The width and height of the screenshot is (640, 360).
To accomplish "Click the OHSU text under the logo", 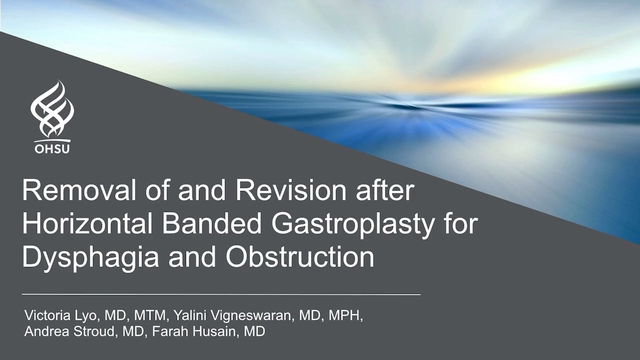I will click(x=52, y=148).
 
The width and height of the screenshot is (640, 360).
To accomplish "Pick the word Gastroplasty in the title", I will click(x=353, y=225).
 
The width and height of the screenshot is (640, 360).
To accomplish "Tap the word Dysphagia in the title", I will click(x=90, y=258).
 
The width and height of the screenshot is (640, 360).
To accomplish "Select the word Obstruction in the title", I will click(x=299, y=257).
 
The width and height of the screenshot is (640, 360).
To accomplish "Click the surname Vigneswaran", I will click(x=254, y=317).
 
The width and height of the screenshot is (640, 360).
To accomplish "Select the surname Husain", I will click(x=216, y=331).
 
